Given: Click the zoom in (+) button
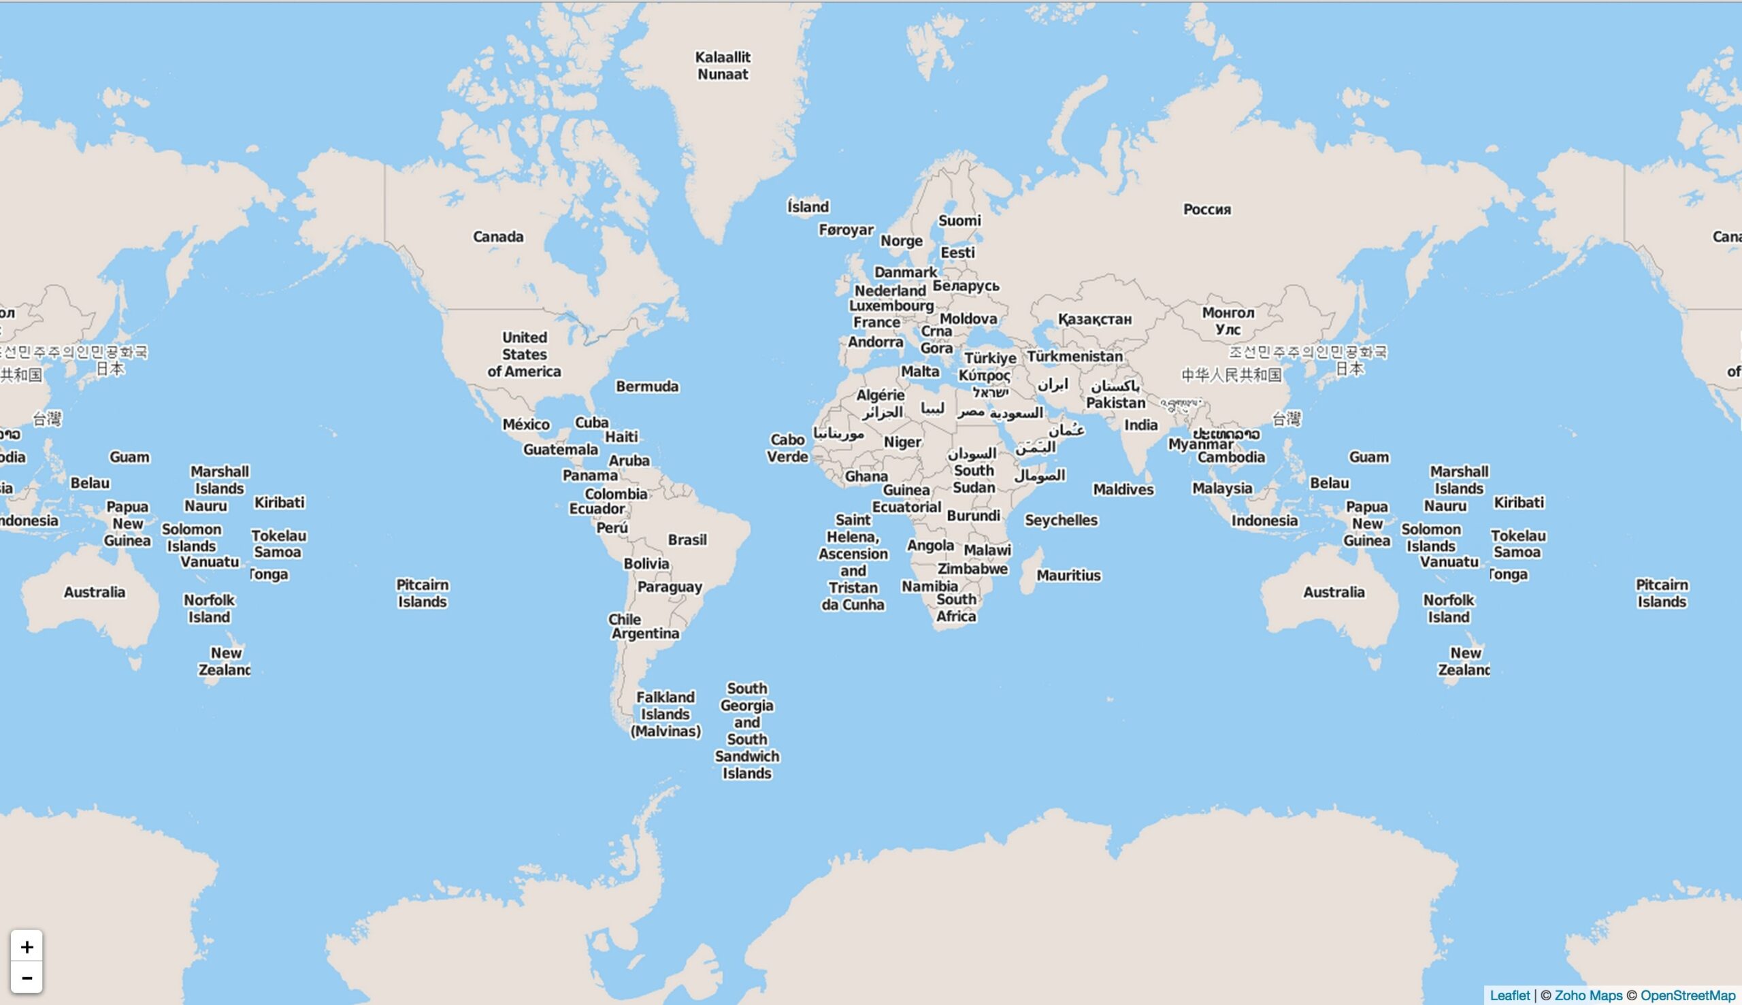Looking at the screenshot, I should (x=27, y=946).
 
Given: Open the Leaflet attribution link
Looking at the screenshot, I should (x=1509, y=995).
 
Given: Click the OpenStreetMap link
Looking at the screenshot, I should (x=1688, y=995).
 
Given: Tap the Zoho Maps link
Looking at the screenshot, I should (x=1588, y=995).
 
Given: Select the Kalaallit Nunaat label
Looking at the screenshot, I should (x=723, y=65).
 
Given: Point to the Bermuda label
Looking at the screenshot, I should (x=646, y=386).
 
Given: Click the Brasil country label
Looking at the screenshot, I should (x=687, y=540).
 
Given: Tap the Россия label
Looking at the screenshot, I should (x=1206, y=209).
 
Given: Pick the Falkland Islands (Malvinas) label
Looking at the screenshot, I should (x=665, y=714).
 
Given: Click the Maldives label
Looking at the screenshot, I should (x=1123, y=489).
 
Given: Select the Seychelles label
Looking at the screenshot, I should (x=1061, y=520).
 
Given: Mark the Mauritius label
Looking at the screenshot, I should (x=1068, y=575).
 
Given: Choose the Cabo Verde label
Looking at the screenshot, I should (x=787, y=448).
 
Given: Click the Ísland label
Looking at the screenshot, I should (x=808, y=206).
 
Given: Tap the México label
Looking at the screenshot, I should (x=526, y=424).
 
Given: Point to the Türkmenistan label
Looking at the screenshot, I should (x=1074, y=356).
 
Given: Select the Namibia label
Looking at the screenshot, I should (x=930, y=586).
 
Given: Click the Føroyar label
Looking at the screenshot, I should (x=846, y=230).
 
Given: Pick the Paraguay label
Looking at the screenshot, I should (x=670, y=587).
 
